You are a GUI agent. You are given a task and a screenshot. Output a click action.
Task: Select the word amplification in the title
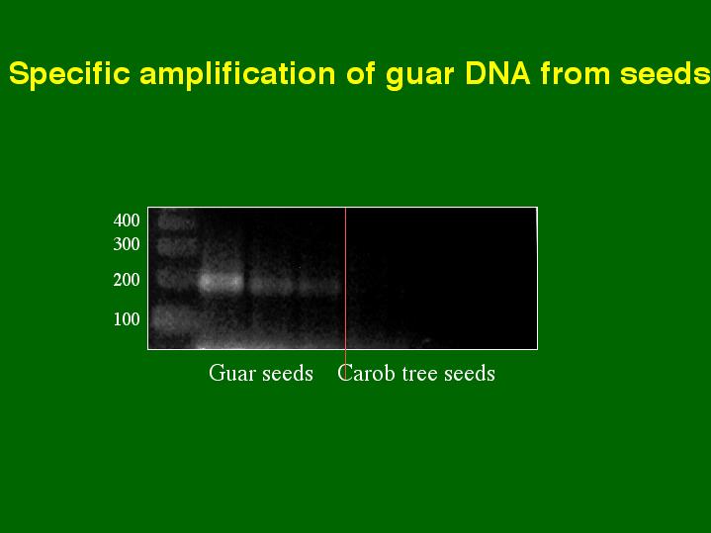click(x=237, y=73)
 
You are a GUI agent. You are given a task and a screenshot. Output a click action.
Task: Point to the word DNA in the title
click(x=497, y=74)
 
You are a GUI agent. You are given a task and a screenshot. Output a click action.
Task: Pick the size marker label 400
click(x=127, y=221)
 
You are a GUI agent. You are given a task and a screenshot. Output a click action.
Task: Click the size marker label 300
click(x=127, y=244)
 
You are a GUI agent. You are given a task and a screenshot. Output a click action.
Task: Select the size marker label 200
click(x=127, y=280)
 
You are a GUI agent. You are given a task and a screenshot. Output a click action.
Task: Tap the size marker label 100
click(x=127, y=319)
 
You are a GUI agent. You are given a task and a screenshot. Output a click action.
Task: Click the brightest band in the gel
click(x=222, y=284)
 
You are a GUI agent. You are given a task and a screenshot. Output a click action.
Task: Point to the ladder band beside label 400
click(x=176, y=222)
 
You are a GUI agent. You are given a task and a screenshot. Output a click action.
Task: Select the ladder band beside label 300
click(x=177, y=247)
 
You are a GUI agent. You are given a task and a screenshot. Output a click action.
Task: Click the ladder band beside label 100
click(x=175, y=318)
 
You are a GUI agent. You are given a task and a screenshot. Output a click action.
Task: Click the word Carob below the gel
click(x=366, y=374)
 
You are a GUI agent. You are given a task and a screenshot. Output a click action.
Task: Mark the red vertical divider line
click(x=345, y=294)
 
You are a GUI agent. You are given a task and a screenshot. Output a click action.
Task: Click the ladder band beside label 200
click(x=176, y=278)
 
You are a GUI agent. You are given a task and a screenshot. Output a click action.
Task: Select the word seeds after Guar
click(x=288, y=374)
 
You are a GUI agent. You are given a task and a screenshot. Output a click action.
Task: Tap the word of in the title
click(x=361, y=73)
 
